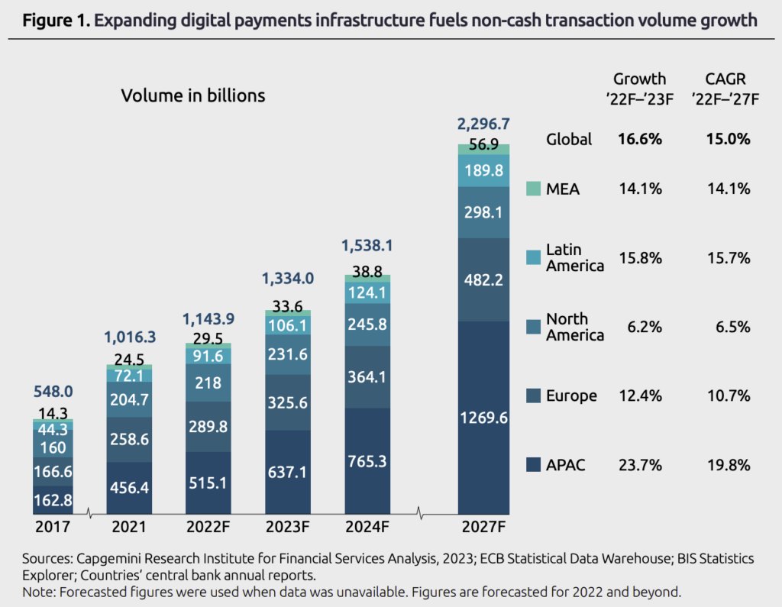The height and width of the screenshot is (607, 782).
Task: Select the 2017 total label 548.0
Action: pyautogui.click(x=53, y=391)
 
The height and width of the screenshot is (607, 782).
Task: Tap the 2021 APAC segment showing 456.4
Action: pyautogui.click(x=129, y=487)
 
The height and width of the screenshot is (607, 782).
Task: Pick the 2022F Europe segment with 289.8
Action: pyautogui.click(x=208, y=426)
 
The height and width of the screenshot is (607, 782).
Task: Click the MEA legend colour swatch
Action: pyautogui.click(x=533, y=188)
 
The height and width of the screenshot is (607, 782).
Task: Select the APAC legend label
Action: pyautogui.click(x=565, y=463)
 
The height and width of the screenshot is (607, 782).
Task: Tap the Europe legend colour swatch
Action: pyautogui.click(x=533, y=396)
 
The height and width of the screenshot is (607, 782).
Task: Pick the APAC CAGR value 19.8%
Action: pyautogui.click(x=729, y=464)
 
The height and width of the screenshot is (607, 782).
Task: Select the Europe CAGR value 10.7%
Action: pyautogui.click(x=729, y=396)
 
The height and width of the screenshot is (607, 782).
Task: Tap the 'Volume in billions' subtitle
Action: pyautogui.click(x=193, y=95)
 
